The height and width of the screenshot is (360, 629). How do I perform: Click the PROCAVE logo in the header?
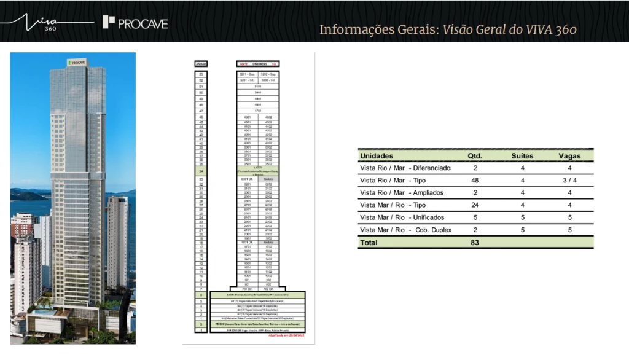click(x=135, y=23)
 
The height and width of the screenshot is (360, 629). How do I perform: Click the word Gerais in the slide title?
click(x=411, y=29)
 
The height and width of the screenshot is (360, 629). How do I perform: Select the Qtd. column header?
click(x=475, y=156)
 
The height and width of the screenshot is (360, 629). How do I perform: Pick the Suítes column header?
click(x=523, y=156)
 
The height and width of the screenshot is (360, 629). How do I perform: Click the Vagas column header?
click(x=569, y=156)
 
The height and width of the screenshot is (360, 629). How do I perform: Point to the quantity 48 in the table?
click(x=475, y=181)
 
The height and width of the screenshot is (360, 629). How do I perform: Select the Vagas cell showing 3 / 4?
click(x=569, y=181)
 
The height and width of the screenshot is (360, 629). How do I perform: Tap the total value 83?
click(x=475, y=243)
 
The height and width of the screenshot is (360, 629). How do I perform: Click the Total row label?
click(x=369, y=243)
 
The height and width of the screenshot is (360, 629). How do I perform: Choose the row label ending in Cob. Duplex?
click(x=405, y=230)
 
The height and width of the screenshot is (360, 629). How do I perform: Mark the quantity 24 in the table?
click(x=475, y=205)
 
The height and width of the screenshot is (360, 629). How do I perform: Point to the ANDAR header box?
click(x=201, y=63)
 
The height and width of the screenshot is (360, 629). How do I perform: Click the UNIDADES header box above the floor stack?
click(x=258, y=63)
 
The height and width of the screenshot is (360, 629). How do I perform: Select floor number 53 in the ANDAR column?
click(x=201, y=74)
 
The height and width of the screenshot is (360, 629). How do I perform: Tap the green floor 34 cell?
click(x=201, y=171)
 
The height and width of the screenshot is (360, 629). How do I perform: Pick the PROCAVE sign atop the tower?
click(x=77, y=62)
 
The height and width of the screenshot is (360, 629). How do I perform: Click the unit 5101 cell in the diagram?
click(x=258, y=87)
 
